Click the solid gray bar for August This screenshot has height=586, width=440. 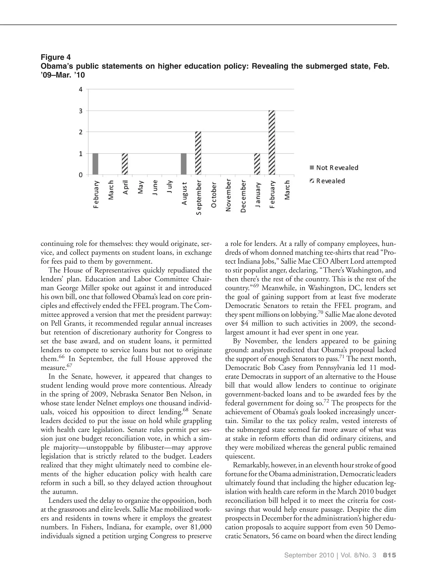coord(183,164)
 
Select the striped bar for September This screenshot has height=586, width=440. coord(198,153)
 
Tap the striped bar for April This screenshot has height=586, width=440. coord(125,164)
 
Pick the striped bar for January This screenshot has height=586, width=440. coord(257,164)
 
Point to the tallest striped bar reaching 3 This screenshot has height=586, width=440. coord(272,142)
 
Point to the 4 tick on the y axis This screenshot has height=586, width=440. coord(81,89)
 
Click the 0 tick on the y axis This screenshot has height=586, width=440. coord(81,175)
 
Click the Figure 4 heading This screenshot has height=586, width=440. coord(56,57)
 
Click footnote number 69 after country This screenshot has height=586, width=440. coord(255,286)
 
